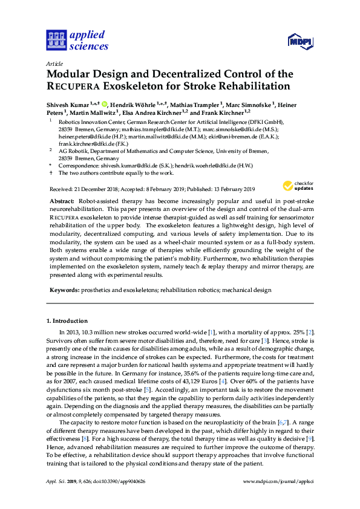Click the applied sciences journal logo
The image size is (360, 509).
[x=77, y=40]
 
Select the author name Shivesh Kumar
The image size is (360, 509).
[x=68, y=105]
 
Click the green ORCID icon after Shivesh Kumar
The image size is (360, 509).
[x=105, y=104]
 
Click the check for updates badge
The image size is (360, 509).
[x=298, y=186]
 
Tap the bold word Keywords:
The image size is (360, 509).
[x=63, y=290]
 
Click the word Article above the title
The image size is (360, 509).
[x=54, y=63]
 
